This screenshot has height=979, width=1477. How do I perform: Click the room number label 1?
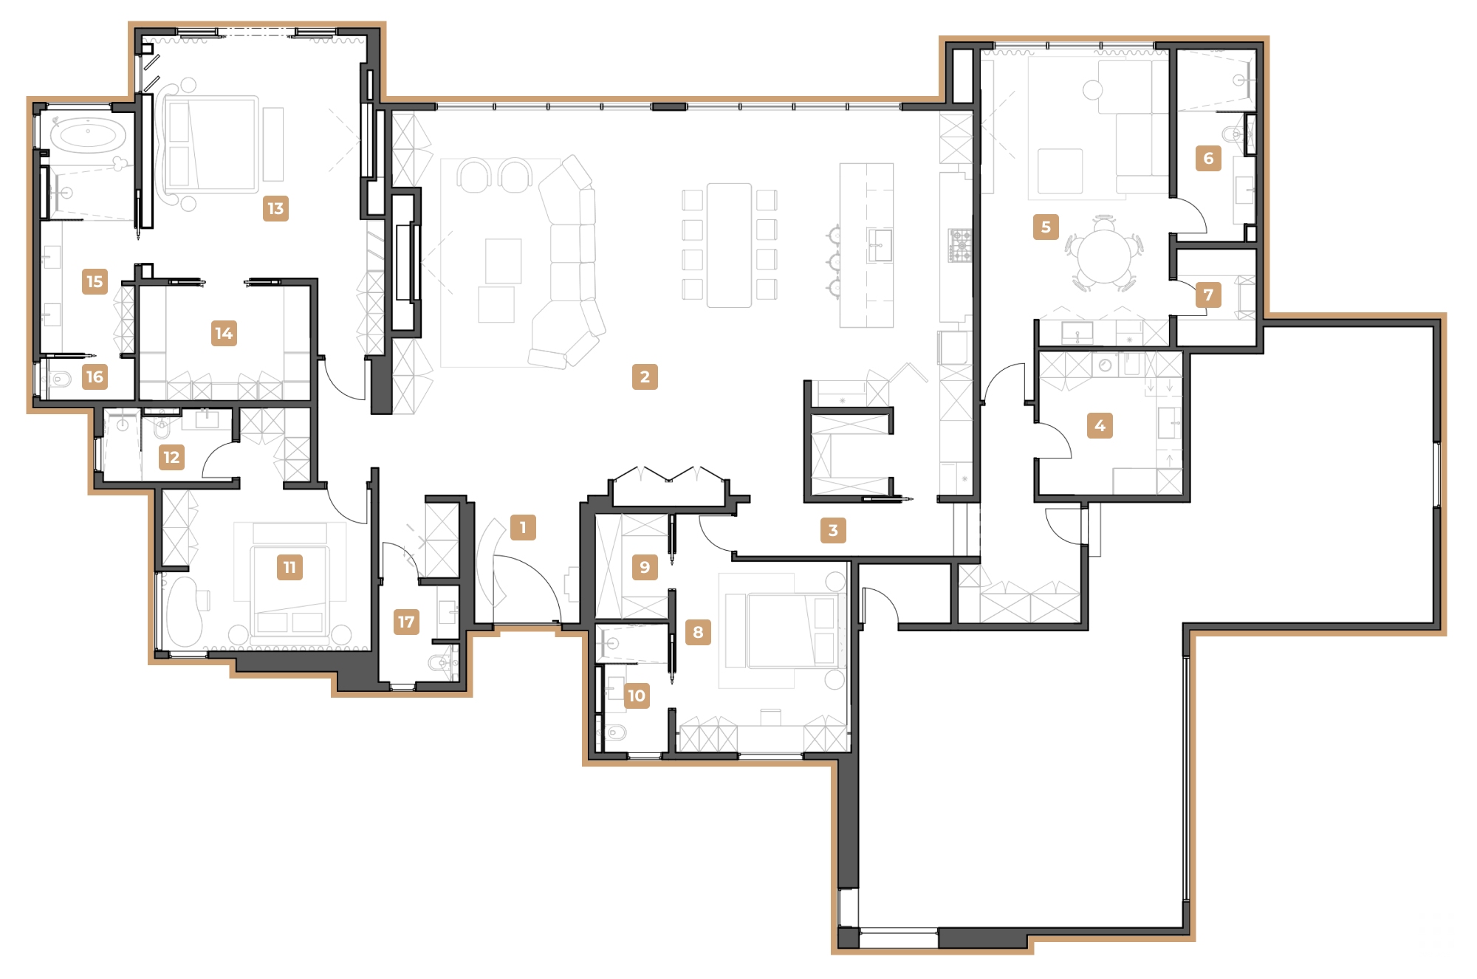click(523, 527)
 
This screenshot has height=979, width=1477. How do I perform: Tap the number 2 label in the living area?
click(645, 377)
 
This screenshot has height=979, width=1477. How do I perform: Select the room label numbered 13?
click(275, 208)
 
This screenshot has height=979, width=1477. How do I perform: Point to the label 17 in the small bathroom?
click(406, 622)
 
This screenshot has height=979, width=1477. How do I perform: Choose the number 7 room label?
click(1208, 295)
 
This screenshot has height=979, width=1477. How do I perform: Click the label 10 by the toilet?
click(636, 695)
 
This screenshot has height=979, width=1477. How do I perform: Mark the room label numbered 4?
click(1100, 425)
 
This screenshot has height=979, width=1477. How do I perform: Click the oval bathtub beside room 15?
click(87, 136)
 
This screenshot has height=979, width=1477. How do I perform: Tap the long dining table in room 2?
click(729, 245)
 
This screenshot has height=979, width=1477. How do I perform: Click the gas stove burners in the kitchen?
click(960, 245)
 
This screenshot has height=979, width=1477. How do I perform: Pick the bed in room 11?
click(289, 591)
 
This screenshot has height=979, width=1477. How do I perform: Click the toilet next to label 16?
click(62, 380)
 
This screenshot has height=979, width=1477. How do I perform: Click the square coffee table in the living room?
click(503, 260)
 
